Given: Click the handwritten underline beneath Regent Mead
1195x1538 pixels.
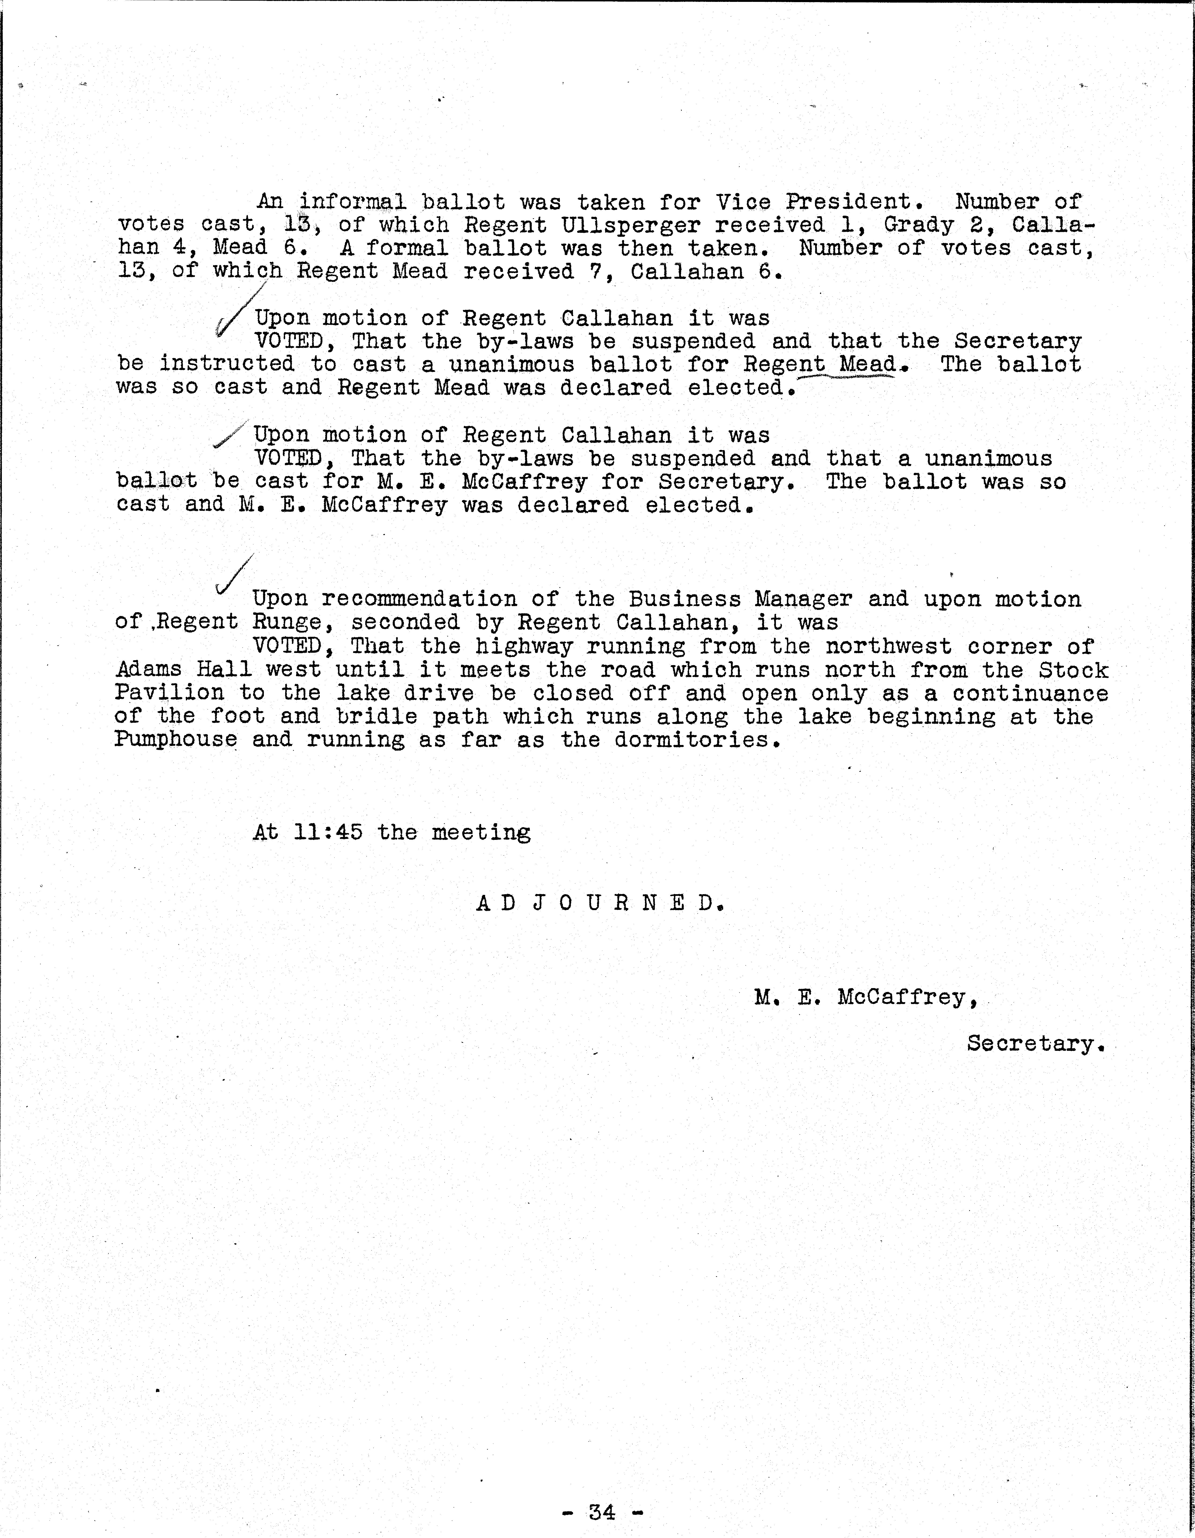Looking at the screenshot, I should [x=845, y=378].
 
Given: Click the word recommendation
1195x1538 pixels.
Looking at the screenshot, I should [x=419, y=599].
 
